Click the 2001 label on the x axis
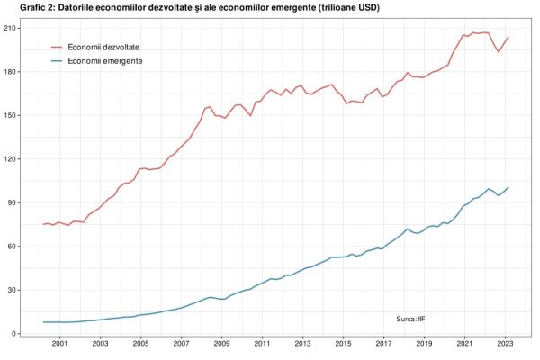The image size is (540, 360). pos(59,344)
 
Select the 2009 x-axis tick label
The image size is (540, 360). pos(221,344)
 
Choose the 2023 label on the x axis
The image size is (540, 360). pos(506,344)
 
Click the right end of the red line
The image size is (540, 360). pos(508,37)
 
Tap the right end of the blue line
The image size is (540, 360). pos(508,187)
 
